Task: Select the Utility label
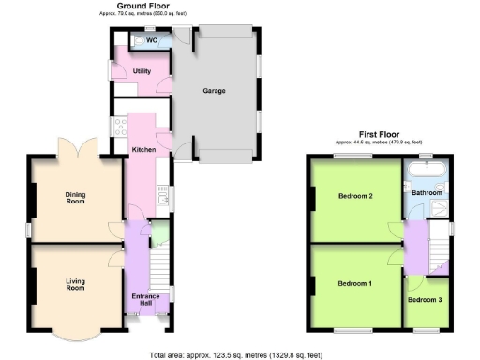pyautogui.click(x=142, y=71)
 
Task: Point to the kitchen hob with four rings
pyautogui.click(x=121, y=127)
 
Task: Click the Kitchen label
pyautogui.click(x=143, y=150)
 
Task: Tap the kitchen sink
pyautogui.click(x=164, y=197)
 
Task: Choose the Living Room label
pyautogui.click(x=75, y=284)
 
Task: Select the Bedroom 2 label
pyautogui.click(x=355, y=196)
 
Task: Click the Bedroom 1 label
pyautogui.click(x=354, y=283)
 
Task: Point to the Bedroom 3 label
pyautogui.click(x=427, y=300)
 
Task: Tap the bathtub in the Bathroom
pyautogui.click(x=427, y=170)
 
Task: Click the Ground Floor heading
pyautogui.click(x=142, y=6)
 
